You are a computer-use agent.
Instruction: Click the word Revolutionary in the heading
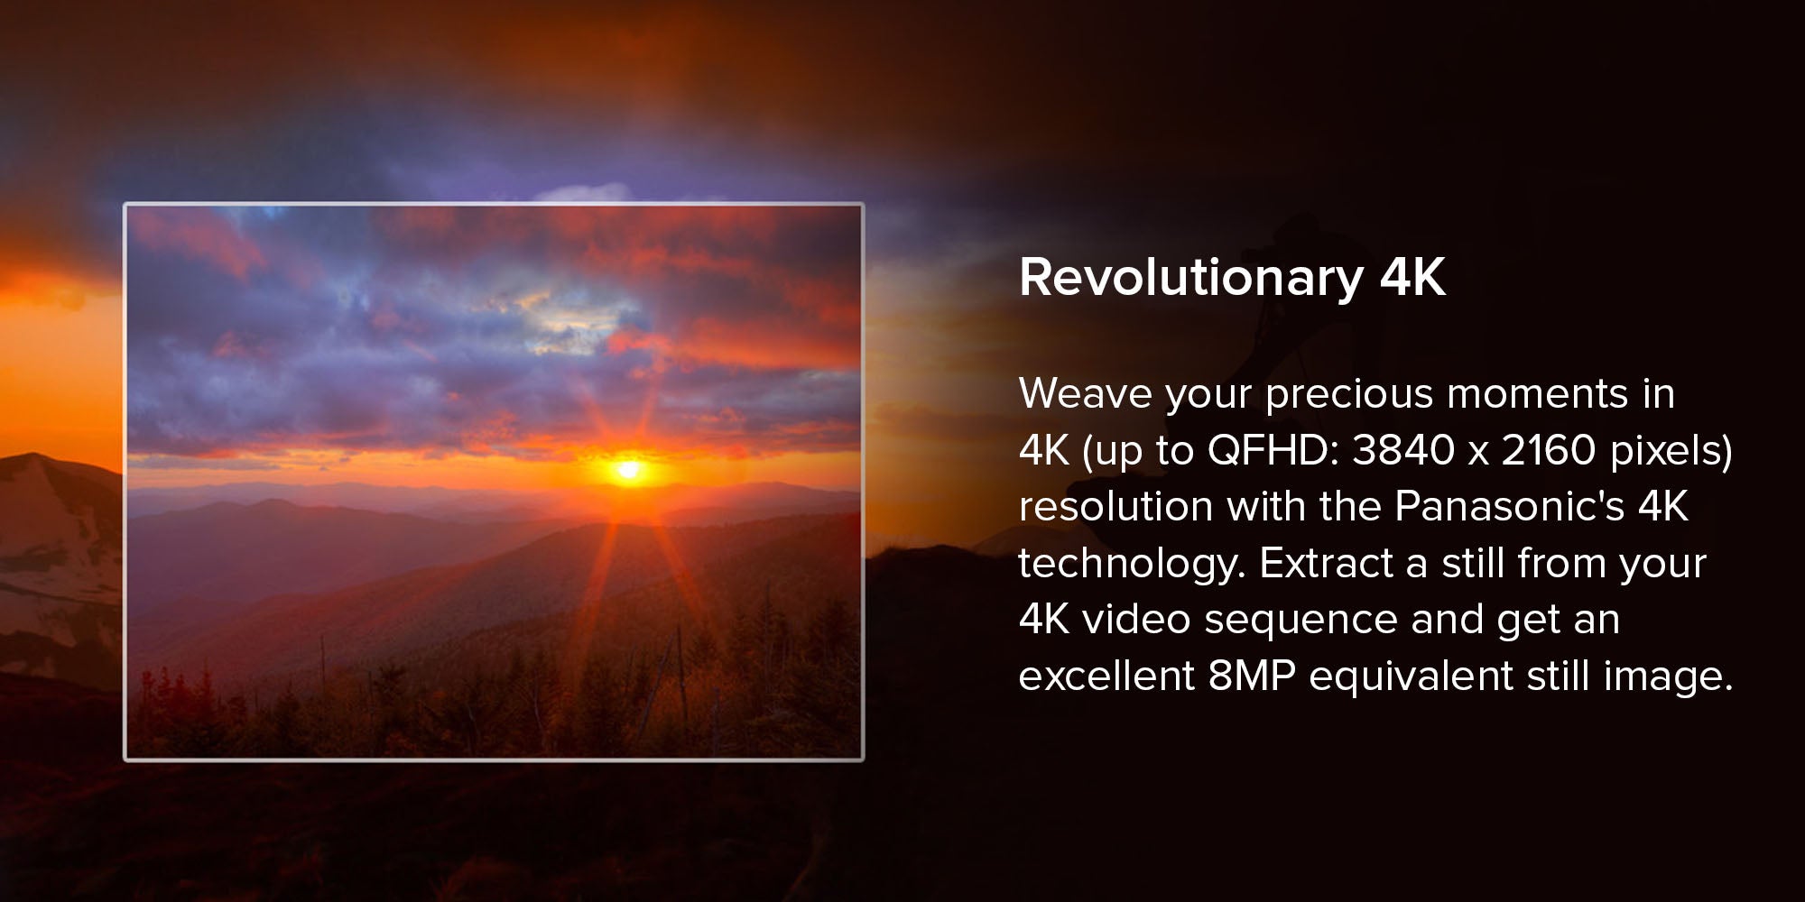1191,279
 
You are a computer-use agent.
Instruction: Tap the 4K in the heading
1412,277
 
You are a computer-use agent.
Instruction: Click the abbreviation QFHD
1267,450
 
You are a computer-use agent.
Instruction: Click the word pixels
1664,450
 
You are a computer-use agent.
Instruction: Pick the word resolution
1115,507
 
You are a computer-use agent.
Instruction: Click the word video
1136,620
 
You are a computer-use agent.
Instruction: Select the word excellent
1106,676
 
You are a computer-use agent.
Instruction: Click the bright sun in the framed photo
628,469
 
